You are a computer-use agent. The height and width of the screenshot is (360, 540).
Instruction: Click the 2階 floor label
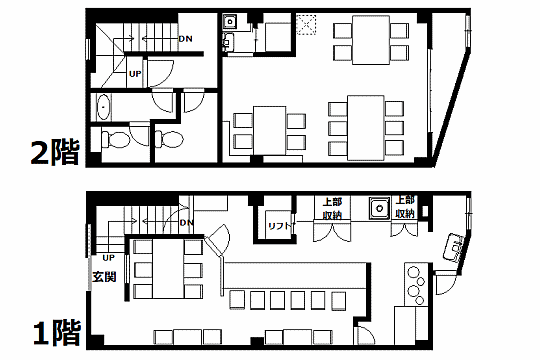(55, 152)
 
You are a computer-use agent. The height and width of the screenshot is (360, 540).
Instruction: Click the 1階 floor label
(57, 333)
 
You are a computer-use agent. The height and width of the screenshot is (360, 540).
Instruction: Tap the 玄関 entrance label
(104, 277)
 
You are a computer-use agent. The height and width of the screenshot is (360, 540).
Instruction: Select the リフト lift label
(280, 226)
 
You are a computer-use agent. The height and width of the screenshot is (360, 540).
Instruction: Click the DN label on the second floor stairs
(185, 39)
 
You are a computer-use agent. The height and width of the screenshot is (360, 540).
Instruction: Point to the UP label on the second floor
(135, 74)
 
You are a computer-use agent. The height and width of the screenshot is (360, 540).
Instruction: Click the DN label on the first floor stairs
(187, 223)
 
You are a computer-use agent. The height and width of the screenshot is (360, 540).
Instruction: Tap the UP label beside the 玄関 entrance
(108, 258)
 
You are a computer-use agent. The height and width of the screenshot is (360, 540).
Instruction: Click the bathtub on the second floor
(103, 107)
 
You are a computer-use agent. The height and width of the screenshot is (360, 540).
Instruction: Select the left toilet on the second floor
(115, 140)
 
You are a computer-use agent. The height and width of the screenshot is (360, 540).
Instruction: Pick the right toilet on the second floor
(169, 140)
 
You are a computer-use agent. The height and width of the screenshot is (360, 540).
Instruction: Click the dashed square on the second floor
(306, 24)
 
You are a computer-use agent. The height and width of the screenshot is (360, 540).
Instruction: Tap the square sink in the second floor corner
(229, 22)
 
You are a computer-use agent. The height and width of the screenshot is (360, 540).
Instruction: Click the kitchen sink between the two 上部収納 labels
(380, 208)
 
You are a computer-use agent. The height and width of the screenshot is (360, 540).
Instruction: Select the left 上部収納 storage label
(332, 208)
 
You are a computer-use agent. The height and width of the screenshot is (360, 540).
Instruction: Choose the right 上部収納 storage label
(405, 207)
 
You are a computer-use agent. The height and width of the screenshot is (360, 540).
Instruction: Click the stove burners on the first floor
(415, 285)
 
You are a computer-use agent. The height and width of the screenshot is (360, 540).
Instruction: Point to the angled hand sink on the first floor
(455, 247)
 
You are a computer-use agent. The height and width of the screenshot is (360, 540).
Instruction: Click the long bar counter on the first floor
(295, 276)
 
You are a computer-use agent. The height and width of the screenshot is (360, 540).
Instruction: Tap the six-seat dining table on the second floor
(365, 128)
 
